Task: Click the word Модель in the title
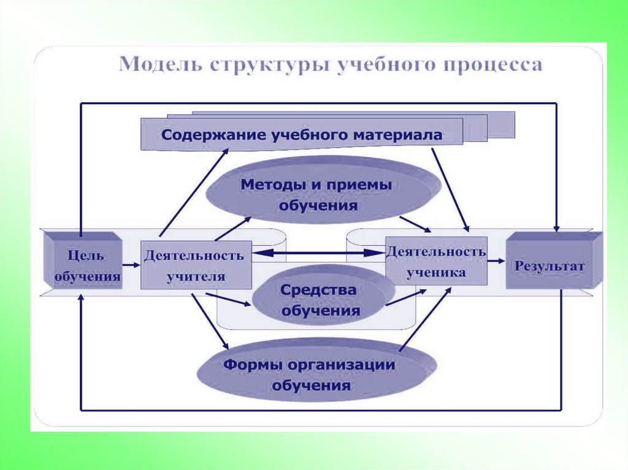pos(161,64)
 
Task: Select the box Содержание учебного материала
pos(302,134)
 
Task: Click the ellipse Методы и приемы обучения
pos(324,189)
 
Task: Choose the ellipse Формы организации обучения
pos(317,370)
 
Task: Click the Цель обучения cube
pos(83,260)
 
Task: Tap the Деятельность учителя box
pos(196,265)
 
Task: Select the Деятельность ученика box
pos(436,260)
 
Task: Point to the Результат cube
pos(554,260)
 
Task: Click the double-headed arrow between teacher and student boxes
pos(319,252)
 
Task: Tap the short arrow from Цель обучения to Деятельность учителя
pos(131,265)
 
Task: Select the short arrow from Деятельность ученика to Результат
pos(497,261)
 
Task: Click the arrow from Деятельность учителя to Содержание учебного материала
pos(194,192)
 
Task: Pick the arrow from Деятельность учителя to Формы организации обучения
pos(210,322)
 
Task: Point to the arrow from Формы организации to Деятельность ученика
pos(426,319)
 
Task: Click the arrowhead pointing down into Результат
pos(556,227)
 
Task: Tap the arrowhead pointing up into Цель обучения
pos(82,298)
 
